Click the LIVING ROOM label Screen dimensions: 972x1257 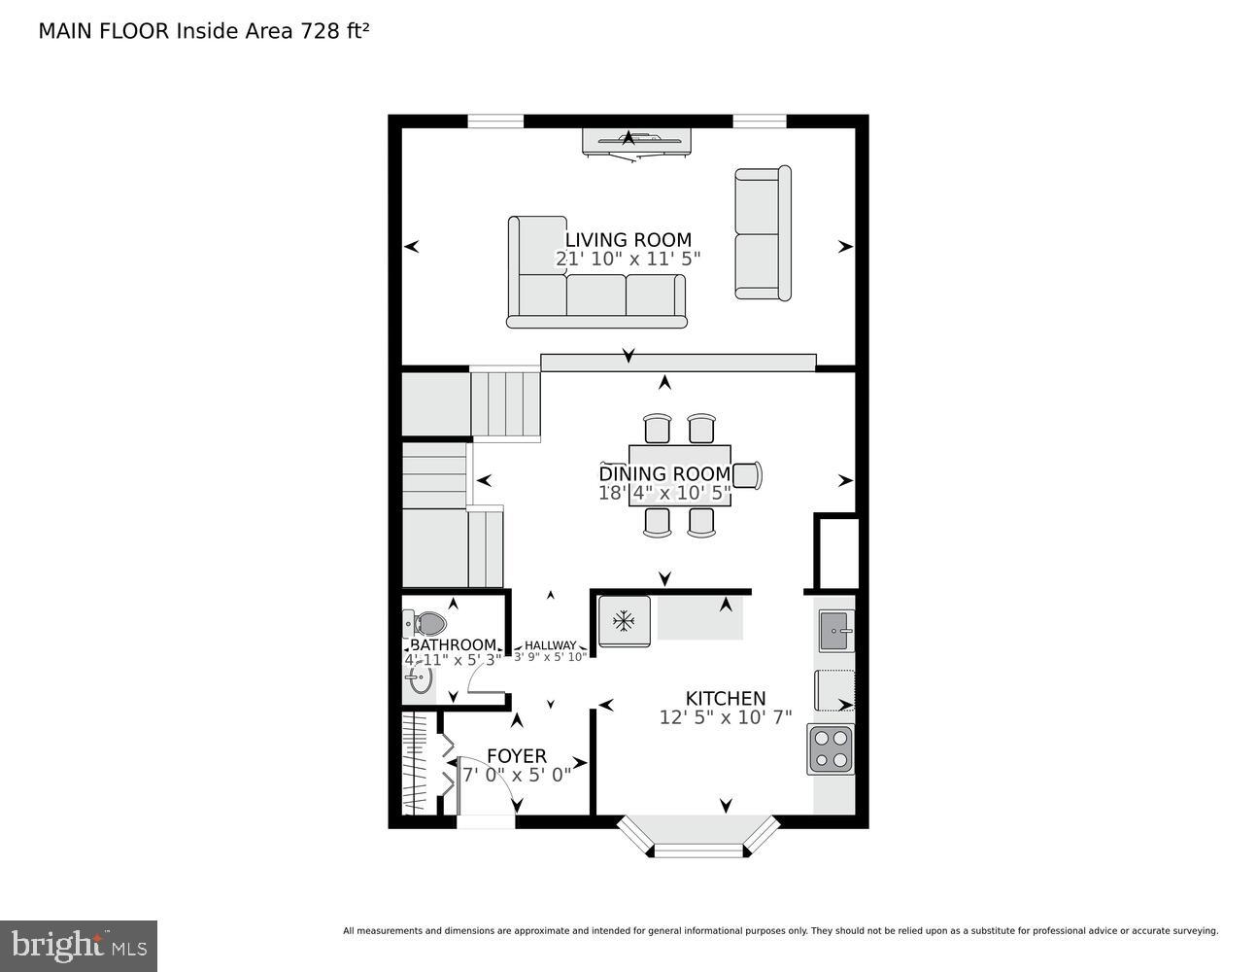(x=628, y=240)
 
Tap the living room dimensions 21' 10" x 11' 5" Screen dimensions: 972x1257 (x=628, y=260)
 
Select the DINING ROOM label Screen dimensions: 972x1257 (x=664, y=473)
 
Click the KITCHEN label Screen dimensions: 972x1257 (x=726, y=698)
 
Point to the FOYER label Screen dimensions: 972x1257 (x=516, y=755)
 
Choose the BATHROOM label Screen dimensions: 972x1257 (x=453, y=645)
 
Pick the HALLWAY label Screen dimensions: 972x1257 (x=550, y=645)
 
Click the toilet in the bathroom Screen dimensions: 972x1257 (x=425, y=623)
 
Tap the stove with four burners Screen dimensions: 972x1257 (x=831, y=749)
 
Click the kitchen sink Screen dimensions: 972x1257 (x=835, y=631)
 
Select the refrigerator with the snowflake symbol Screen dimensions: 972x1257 (x=624, y=620)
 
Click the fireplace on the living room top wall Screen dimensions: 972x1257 (x=636, y=141)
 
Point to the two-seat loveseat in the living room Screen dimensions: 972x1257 (x=763, y=233)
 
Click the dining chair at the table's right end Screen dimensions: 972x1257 (x=747, y=474)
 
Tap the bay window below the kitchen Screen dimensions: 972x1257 (x=698, y=837)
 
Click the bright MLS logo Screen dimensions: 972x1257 (x=78, y=946)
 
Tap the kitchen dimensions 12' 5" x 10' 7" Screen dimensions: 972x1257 (x=726, y=717)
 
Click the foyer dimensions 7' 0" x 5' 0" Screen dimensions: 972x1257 (x=516, y=776)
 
